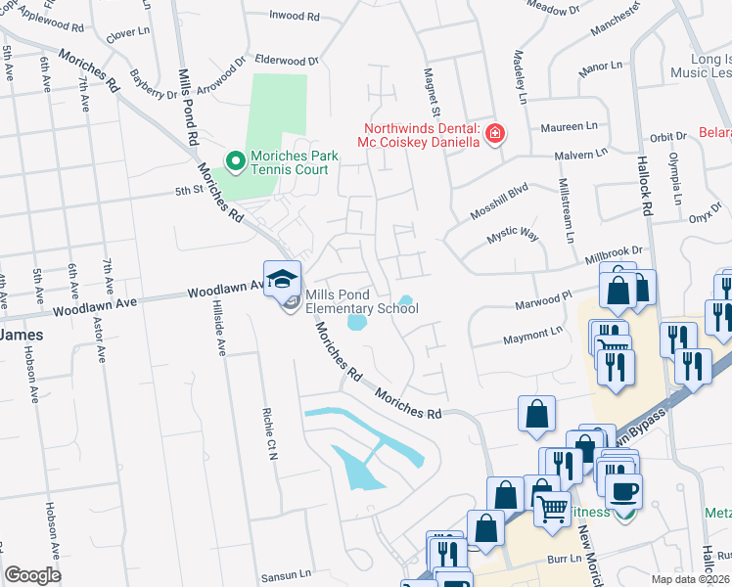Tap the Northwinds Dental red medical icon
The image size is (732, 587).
point(495,133)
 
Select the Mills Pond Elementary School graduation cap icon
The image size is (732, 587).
point(282,279)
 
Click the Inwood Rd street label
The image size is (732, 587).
point(295,17)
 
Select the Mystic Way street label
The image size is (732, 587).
point(513,236)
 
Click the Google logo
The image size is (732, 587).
point(32,575)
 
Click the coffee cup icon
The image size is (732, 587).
point(623,491)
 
